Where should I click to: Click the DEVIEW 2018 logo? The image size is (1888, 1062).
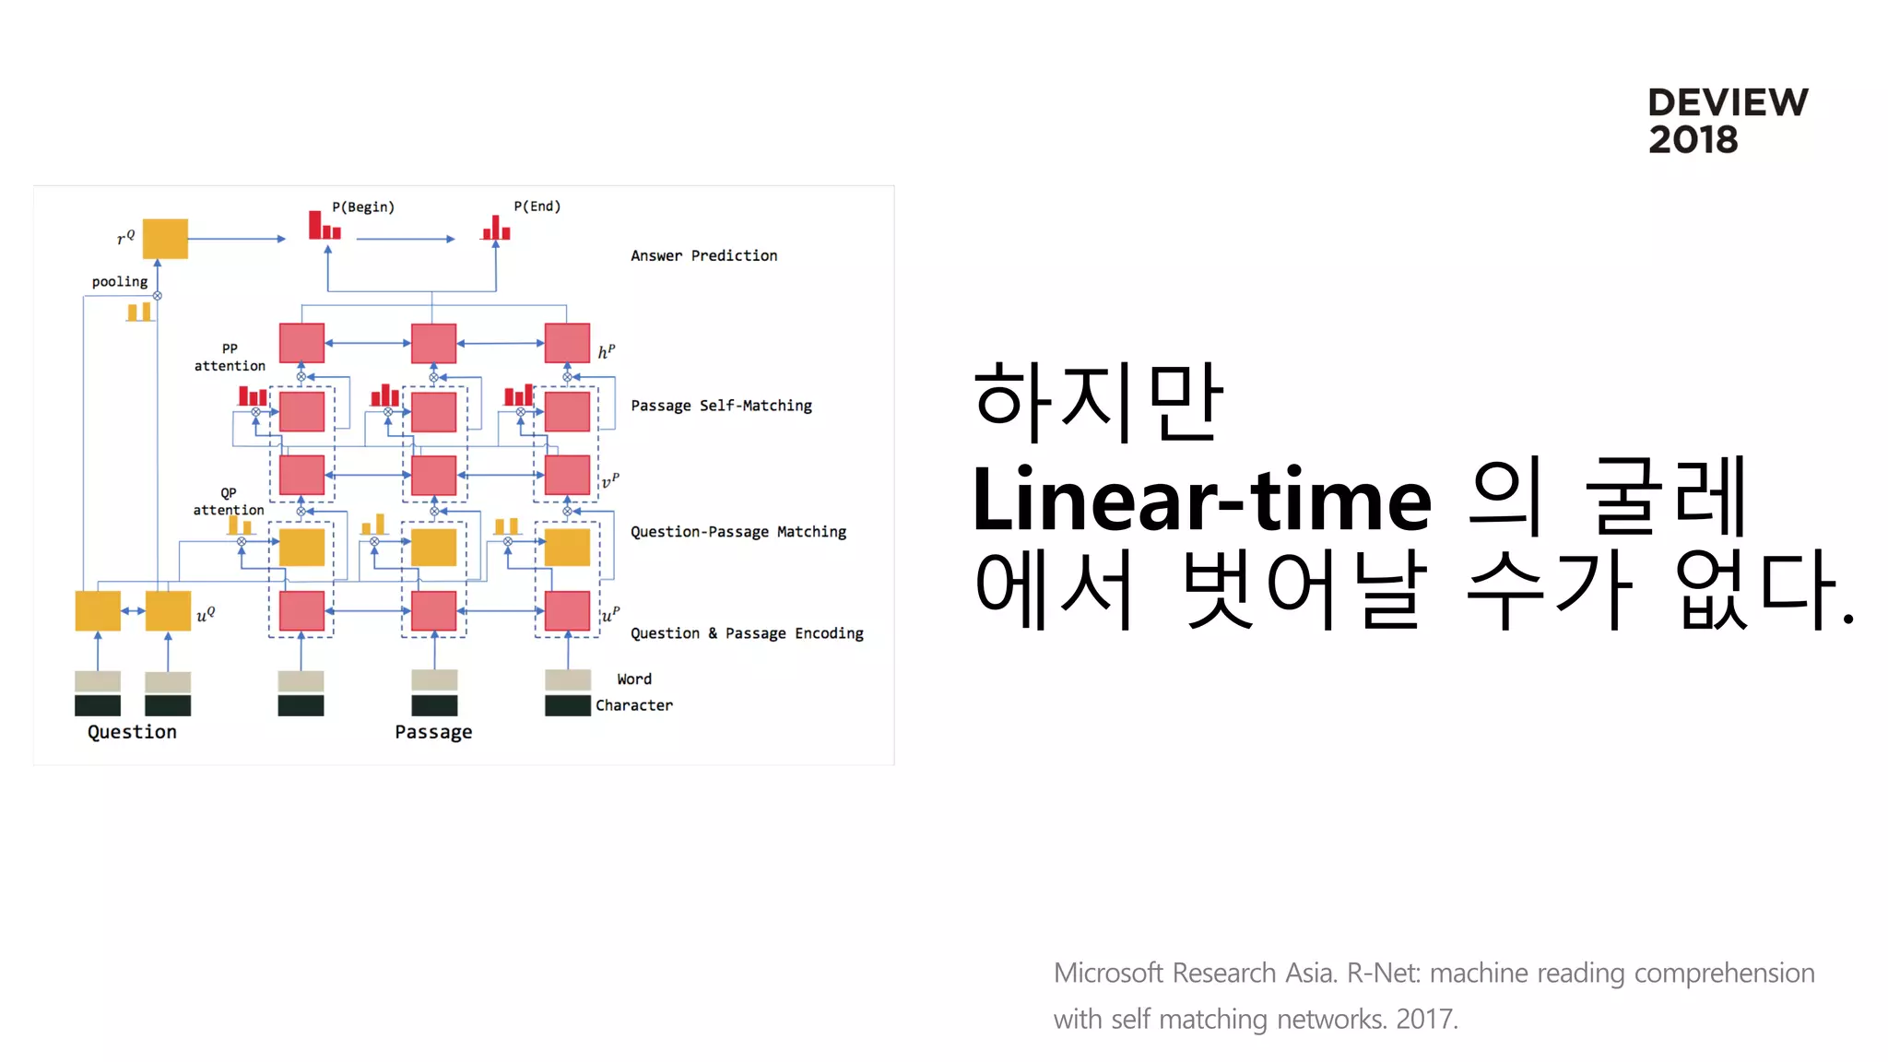pos(1727,121)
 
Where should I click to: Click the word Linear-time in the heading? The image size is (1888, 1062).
pos(1201,500)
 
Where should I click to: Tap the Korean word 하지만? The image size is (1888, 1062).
pos(1097,402)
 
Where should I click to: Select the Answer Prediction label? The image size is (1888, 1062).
pos(703,255)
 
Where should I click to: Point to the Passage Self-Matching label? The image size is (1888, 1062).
pos(721,406)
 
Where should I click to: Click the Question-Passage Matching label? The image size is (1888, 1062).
pos(737,532)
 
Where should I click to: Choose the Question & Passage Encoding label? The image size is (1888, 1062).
pos(747,633)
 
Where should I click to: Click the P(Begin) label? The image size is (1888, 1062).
pos(363,206)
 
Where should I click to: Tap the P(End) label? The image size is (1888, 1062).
pos(537,206)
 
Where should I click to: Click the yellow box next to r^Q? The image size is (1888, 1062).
pos(165,239)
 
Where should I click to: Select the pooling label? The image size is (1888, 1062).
pos(120,281)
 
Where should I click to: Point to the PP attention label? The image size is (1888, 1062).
pos(230,358)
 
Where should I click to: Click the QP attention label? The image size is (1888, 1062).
pos(229,501)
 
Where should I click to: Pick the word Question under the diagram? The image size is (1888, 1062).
pos(132,732)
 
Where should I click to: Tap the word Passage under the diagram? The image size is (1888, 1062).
pos(433,732)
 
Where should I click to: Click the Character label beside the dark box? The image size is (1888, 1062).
pos(634,705)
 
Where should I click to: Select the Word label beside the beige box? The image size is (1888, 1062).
pos(634,679)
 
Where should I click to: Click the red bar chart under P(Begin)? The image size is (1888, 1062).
pos(324,226)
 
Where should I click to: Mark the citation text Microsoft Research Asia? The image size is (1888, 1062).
pos(1195,973)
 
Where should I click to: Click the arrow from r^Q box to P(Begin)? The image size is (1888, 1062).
pos(237,239)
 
